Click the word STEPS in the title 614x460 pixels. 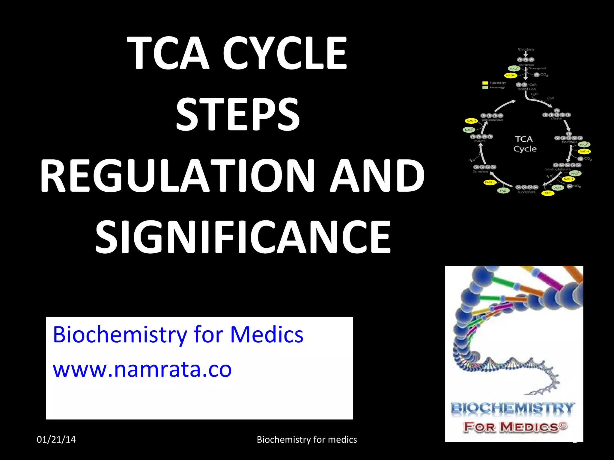[238, 114]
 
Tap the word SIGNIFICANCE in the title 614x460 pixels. [243, 237]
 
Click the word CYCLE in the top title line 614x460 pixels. [285, 53]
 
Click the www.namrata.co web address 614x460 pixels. [142, 369]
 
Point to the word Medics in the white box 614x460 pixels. [267, 334]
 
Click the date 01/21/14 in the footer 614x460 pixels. [56, 439]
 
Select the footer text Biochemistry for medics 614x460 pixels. [307, 439]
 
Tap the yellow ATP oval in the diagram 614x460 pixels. [547, 193]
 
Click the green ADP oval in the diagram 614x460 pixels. [557, 188]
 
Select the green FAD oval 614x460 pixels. [503, 190]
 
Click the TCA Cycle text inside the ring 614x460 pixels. [525, 144]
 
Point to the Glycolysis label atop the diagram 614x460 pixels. [526, 49]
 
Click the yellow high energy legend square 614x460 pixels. [485, 83]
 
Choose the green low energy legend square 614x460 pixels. [485, 87]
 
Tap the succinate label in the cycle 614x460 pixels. [526, 192]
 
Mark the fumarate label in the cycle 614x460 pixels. [480, 172]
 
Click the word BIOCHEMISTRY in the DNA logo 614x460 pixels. [512, 408]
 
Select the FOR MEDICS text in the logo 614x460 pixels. [515, 426]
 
